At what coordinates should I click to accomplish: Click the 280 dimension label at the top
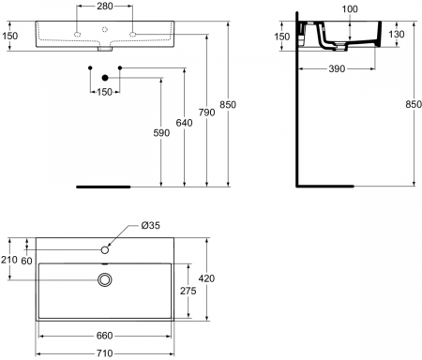coord(104,6)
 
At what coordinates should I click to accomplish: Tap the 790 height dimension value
coord(206,112)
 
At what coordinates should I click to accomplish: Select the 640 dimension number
coord(184,123)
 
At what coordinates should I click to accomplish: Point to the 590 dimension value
coord(161,133)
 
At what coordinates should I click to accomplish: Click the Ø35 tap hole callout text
coord(150,225)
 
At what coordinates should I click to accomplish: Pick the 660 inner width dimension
coord(104,336)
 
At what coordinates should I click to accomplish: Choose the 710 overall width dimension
coord(104,353)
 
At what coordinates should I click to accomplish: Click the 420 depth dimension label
coord(206,278)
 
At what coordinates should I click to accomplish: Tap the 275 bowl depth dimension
coord(188,291)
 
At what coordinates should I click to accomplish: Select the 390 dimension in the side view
coord(337,68)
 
